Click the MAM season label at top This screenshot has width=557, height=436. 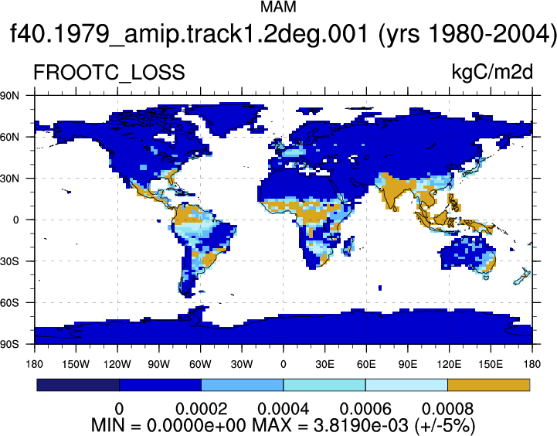278,7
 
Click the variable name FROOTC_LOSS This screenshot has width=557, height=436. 109,73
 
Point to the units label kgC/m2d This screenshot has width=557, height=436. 492,73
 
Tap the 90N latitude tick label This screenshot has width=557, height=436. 9,95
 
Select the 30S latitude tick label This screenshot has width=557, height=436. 9,261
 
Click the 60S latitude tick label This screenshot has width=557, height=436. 9,303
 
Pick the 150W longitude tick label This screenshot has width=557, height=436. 76,364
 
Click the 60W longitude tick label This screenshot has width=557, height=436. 200,364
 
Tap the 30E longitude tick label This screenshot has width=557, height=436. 324,364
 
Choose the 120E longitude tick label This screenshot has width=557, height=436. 449,364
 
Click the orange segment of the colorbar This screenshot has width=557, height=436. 489,385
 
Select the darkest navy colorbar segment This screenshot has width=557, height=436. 78,385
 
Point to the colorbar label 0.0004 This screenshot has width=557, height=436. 283,409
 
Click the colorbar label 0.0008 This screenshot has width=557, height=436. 447,409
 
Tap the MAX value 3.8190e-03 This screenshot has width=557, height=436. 362,425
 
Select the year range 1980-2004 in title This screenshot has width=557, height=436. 491,34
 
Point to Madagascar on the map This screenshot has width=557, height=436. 348,246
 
